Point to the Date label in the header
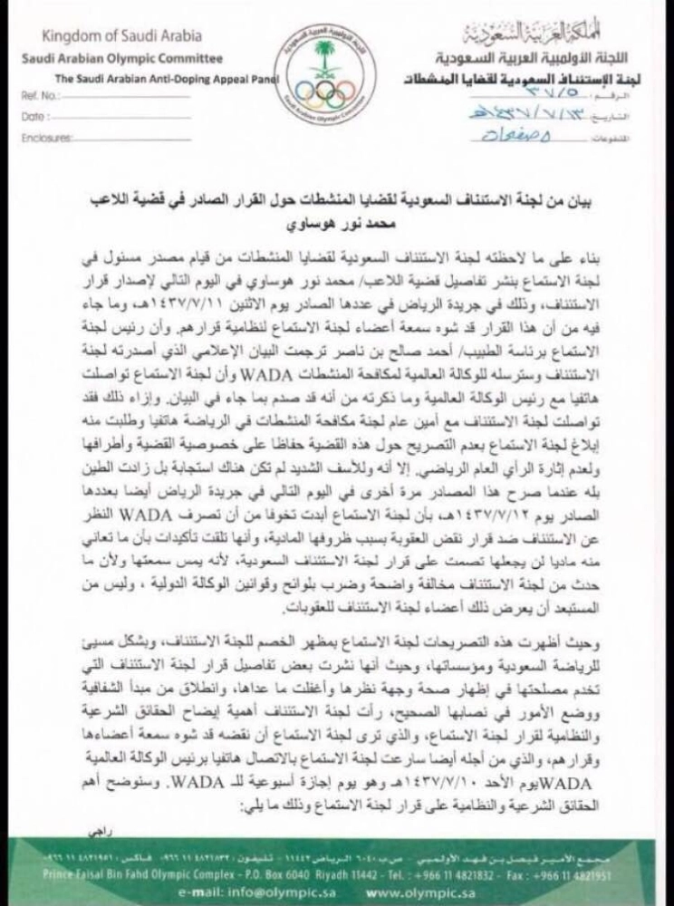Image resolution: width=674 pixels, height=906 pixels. pos(33,118)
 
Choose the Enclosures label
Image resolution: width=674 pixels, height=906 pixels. pos(44,139)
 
